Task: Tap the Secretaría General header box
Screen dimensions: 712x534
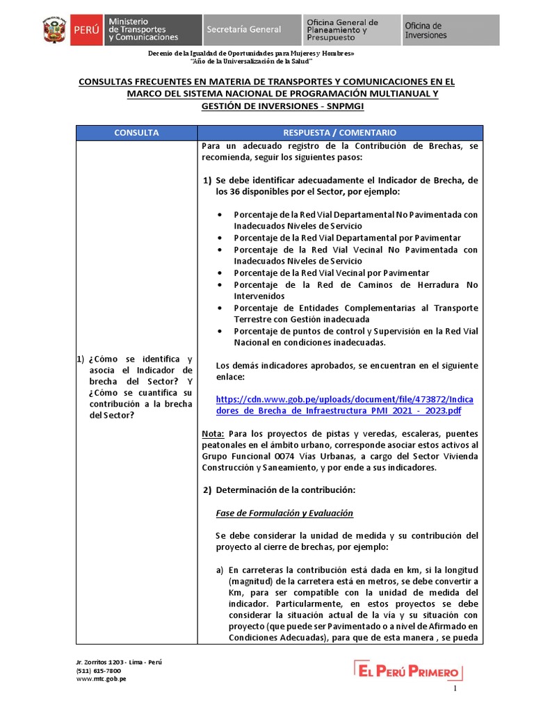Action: point(251,30)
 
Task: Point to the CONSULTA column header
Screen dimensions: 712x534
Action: point(136,132)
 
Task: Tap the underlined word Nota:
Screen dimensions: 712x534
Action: point(213,433)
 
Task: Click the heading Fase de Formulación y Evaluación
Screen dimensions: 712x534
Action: point(284,513)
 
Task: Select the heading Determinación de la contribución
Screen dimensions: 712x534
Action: point(285,490)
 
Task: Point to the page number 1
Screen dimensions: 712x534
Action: point(455,688)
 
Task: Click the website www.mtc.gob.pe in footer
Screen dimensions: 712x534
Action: point(101,679)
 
